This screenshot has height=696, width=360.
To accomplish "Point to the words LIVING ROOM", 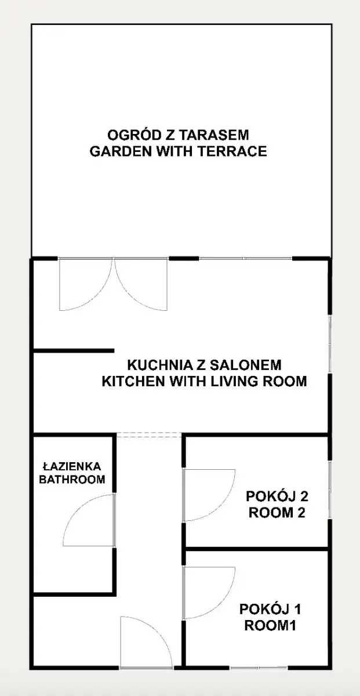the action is coord(259,381).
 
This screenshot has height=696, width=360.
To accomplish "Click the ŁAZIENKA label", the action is coord(72,466).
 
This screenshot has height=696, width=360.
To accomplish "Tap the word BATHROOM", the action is coord(72,480).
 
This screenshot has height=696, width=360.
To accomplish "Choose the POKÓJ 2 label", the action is coord(277,496).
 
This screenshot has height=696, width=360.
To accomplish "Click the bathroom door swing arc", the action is coord(78,506).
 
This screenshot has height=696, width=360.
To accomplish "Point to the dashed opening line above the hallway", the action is coord(149,434).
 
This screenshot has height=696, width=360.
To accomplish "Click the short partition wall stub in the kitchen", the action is coord(74,351).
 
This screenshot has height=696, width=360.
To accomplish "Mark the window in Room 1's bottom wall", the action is coord(259,668).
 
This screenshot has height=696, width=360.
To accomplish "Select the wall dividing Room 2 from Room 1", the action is coord(257,549).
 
